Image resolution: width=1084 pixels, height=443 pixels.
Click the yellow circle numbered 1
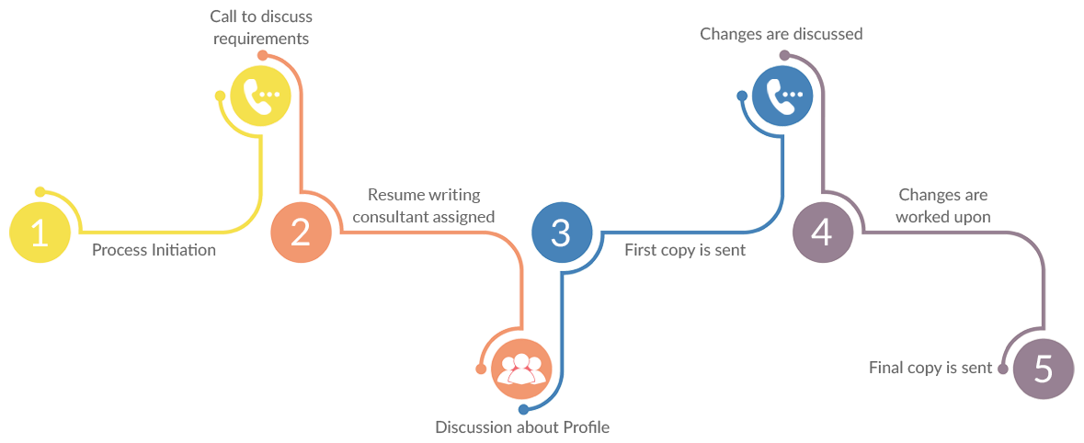(40, 234)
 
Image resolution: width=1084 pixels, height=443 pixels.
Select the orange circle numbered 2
(300, 233)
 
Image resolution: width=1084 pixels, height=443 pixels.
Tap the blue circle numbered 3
(561, 233)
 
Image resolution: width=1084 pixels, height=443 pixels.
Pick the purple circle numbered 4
(822, 233)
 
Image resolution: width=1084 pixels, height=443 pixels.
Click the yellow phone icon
(259, 97)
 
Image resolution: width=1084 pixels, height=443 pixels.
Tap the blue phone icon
(782, 97)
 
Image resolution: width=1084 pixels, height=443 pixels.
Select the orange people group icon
(521, 369)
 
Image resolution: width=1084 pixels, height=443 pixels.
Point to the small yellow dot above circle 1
(40, 191)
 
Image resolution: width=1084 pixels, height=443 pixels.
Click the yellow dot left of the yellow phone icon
(220, 96)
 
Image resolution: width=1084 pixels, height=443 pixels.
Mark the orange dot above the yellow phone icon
(262, 55)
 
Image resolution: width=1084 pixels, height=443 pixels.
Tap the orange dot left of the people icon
(480, 369)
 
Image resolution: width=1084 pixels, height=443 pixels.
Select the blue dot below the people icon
(521, 409)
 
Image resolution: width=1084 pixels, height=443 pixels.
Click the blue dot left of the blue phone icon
(742, 95)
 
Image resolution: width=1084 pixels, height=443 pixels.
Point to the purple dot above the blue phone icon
(783, 55)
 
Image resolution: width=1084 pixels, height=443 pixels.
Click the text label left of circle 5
(930, 368)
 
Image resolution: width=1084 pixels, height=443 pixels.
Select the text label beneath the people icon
(521, 427)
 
